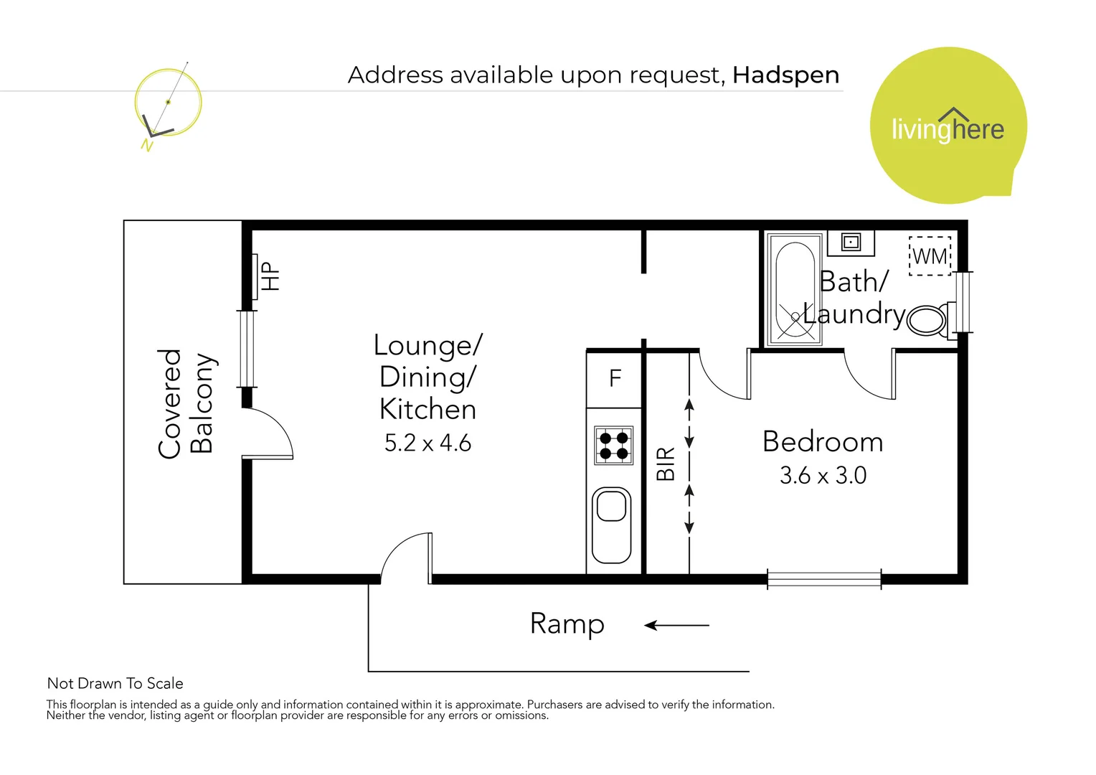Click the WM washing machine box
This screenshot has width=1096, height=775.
tap(930, 256)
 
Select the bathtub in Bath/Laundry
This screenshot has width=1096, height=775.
tap(795, 289)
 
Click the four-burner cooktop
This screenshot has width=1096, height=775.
tap(614, 445)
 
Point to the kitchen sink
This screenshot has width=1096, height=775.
tap(612, 525)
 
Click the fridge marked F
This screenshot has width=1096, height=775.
tap(615, 379)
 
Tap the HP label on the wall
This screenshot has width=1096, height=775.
tap(269, 276)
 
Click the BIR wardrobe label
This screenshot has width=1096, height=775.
tap(666, 464)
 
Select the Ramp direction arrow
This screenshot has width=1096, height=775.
tap(676, 626)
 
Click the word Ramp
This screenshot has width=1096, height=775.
tap(567, 624)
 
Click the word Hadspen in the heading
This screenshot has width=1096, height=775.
tap(785, 75)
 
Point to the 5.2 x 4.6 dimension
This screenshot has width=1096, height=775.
tap(427, 443)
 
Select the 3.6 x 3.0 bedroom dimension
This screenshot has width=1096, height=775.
tap(823, 476)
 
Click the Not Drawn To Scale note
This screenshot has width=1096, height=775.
tap(115, 683)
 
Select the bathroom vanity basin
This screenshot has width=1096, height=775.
tap(851, 243)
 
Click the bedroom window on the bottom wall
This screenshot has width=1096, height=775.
tap(823, 578)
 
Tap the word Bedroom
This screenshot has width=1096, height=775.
tap(823, 442)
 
